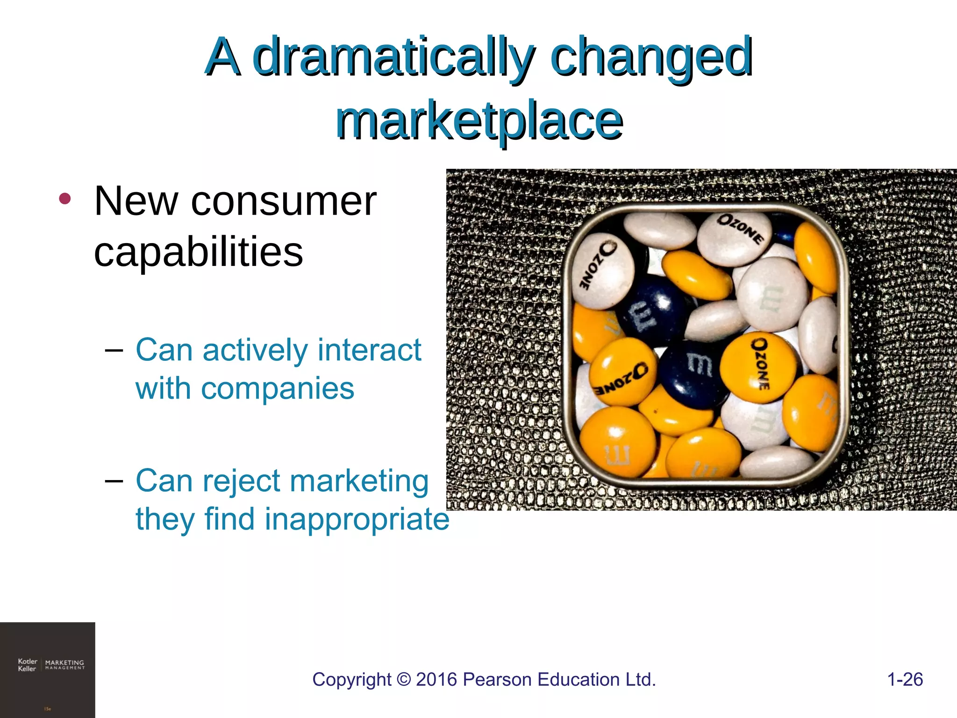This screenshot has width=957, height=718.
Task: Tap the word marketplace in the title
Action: pos(479,121)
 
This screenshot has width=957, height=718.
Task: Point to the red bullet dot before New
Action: pos(65,199)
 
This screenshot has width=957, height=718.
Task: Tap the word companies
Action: pos(278,388)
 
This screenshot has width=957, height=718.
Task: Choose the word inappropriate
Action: pos(357,519)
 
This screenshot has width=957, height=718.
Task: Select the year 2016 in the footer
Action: pos(436,680)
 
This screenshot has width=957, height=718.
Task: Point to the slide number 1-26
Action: pos(905,680)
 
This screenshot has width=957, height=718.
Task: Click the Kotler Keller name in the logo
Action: pos(27,665)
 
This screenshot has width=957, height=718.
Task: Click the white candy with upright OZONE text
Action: pos(734,236)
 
